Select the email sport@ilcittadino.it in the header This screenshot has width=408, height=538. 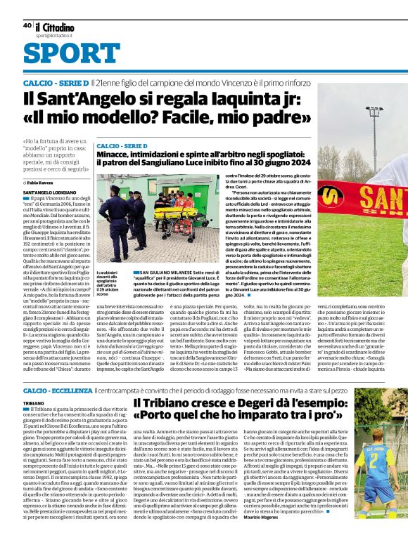56,34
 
